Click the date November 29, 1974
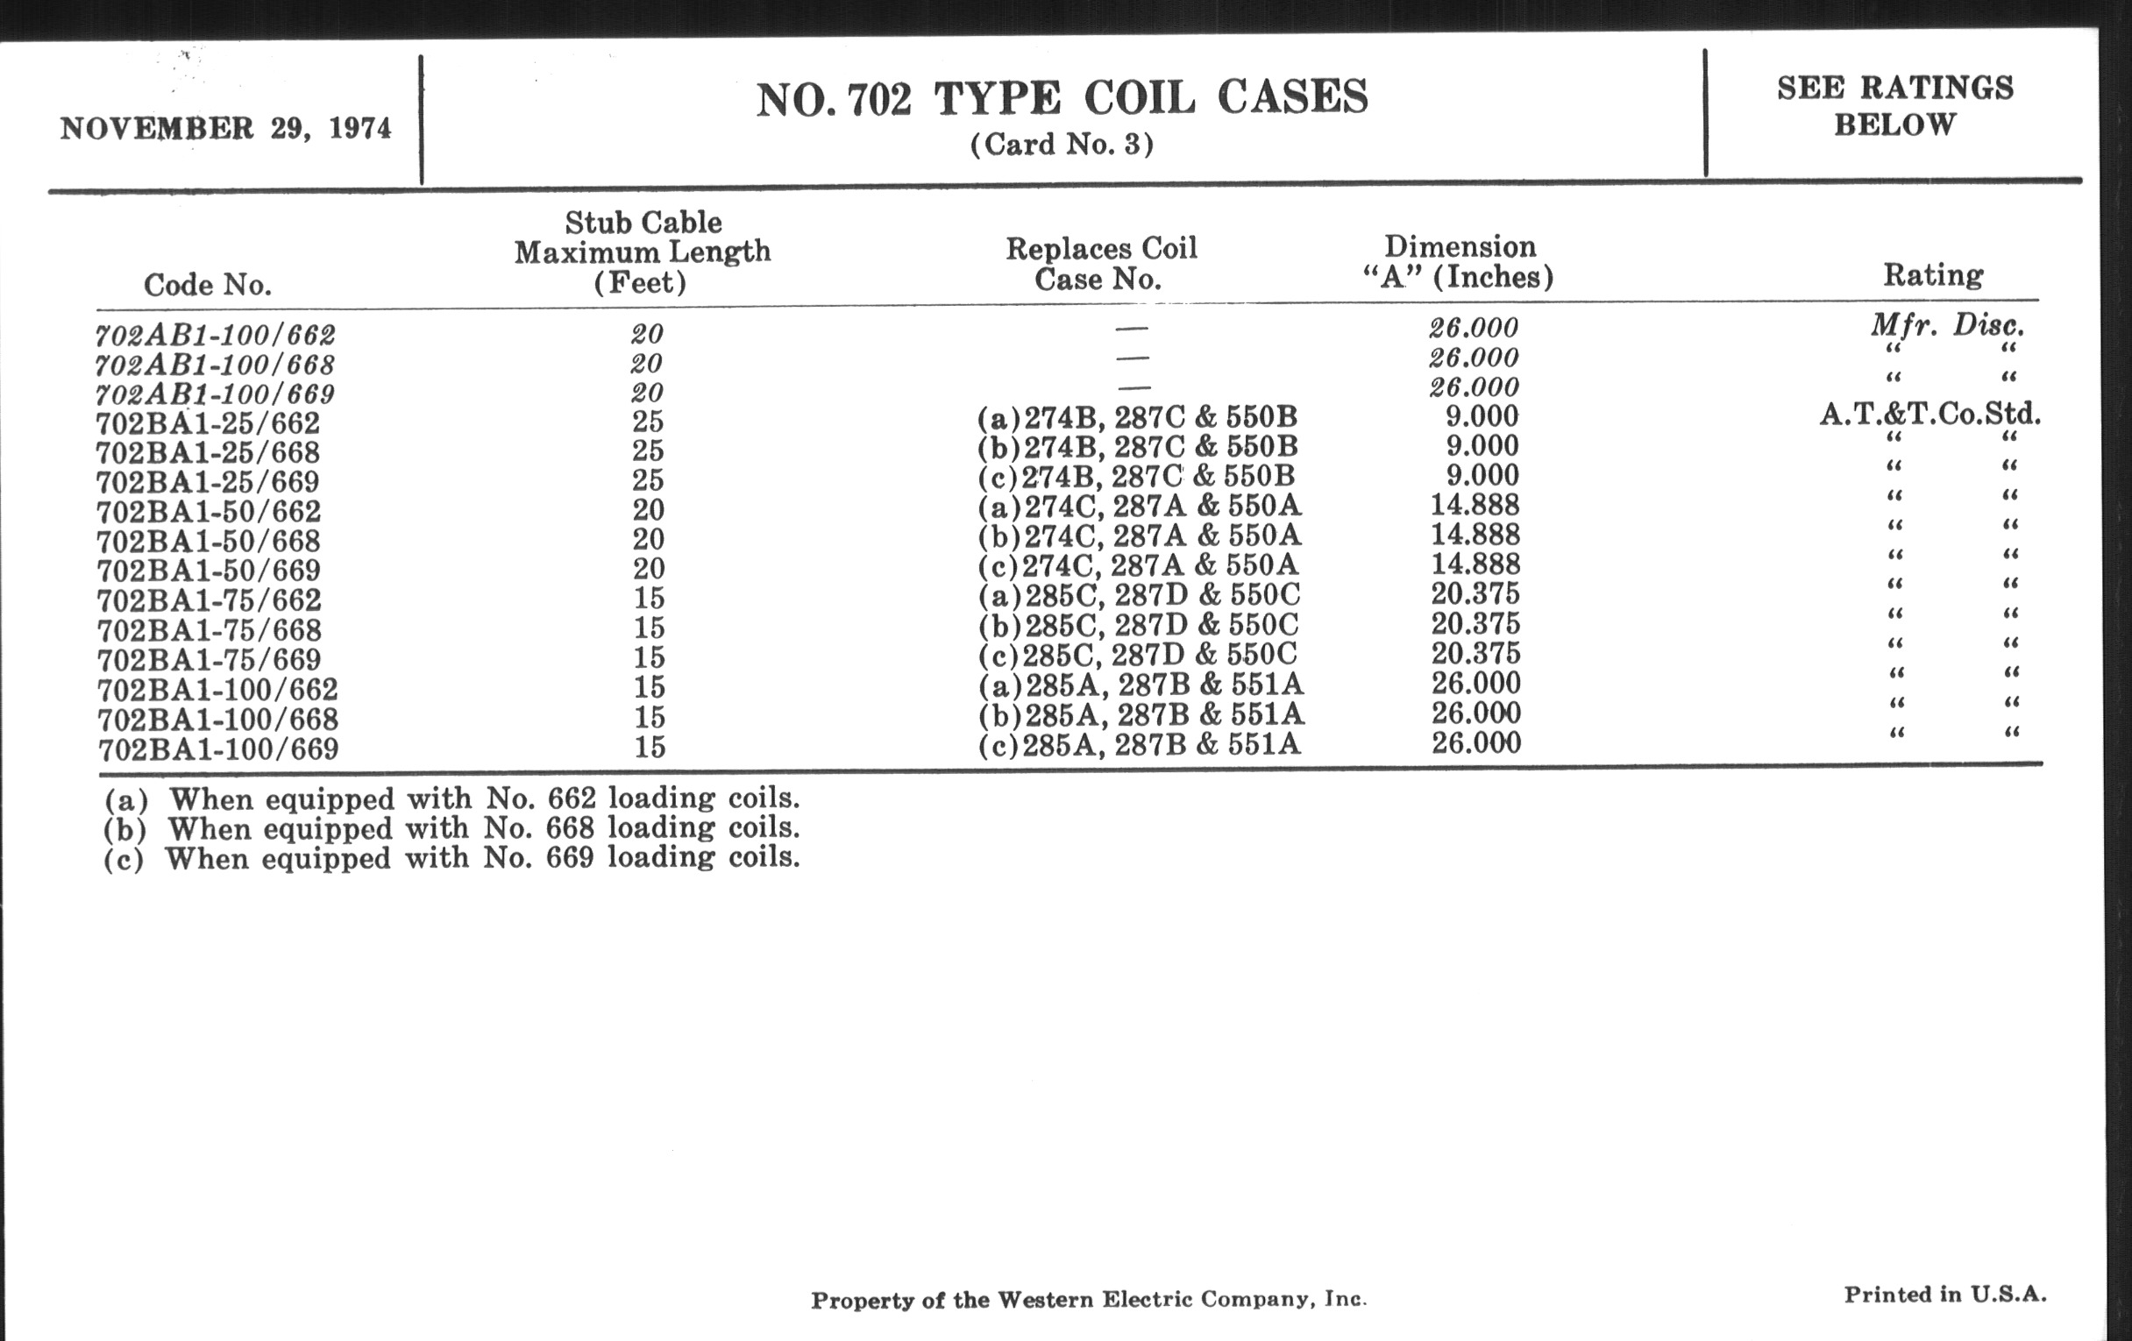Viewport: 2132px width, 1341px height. (225, 129)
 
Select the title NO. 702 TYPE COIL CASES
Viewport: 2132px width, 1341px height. (1062, 98)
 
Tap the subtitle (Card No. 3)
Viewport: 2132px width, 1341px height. (1062, 145)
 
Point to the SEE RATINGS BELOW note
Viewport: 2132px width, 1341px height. (1894, 106)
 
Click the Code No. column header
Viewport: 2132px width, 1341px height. (207, 285)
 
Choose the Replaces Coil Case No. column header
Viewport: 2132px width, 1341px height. (1100, 264)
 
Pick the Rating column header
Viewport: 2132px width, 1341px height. (1933, 275)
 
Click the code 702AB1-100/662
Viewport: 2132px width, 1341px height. (215, 336)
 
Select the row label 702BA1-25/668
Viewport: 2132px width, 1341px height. (208, 453)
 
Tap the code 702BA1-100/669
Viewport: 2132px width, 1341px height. (217, 749)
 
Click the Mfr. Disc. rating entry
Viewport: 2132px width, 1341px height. (1947, 326)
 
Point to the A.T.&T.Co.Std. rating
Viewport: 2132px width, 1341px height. (1930, 414)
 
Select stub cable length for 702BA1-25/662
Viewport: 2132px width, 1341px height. (648, 422)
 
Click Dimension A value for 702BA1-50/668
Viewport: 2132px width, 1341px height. (1475, 535)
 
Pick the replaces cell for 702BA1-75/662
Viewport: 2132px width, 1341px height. (1139, 595)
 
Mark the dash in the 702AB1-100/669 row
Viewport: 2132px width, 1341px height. (1134, 387)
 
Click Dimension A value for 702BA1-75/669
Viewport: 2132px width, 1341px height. (1475, 653)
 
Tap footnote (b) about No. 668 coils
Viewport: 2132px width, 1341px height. (451, 828)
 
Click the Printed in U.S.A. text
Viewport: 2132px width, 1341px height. (1945, 1295)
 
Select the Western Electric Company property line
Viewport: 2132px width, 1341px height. (1088, 1301)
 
